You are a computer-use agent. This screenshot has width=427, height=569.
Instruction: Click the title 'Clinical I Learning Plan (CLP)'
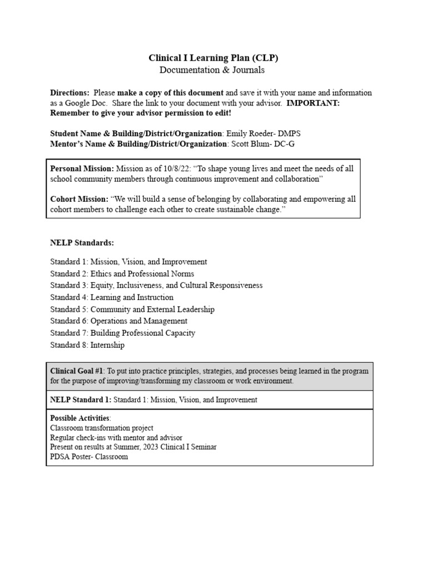(213, 58)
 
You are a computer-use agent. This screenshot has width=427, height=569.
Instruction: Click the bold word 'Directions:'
(69, 93)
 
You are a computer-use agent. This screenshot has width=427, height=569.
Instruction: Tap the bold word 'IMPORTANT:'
(316, 103)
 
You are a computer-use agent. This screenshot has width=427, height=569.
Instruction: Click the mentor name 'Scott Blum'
(250, 143)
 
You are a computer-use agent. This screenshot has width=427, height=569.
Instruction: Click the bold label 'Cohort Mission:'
(79, 199)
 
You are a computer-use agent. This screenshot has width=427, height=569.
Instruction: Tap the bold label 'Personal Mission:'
(82, 168)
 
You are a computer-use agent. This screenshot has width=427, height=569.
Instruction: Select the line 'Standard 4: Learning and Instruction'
(112, 297)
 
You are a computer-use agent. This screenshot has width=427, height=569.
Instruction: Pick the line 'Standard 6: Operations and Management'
(118, 321)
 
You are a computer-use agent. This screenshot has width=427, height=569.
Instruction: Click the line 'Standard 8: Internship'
(87, 345)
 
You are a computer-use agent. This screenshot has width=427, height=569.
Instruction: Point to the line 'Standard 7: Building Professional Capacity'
(122, 333)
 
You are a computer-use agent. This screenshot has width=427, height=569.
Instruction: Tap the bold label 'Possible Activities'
(80, 418)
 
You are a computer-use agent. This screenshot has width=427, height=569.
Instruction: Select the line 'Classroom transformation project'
(102, 428)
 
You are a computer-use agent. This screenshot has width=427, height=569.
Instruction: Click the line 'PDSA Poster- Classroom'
(89, 457)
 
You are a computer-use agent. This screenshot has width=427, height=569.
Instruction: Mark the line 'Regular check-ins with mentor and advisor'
(116, 438)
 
